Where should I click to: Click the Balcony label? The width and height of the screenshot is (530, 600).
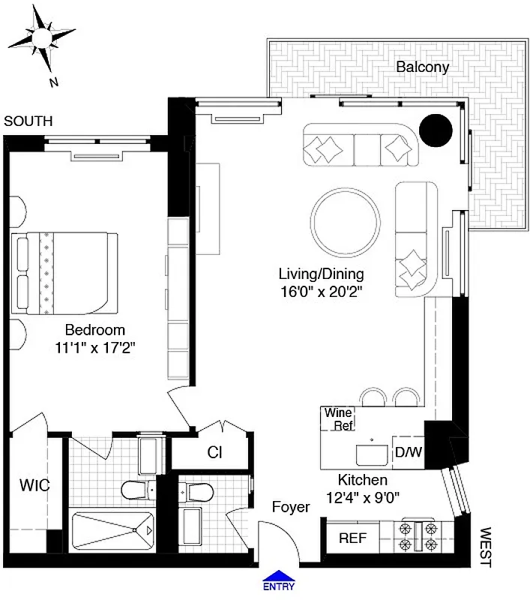(423, 67)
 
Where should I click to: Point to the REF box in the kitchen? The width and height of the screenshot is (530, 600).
(352, 538)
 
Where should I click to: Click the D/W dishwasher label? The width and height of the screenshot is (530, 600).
(407, 453)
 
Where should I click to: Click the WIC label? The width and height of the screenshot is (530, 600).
(34, 485)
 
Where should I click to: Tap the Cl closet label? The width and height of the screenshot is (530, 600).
(214, 452)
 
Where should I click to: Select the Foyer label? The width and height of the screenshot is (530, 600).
(290, 508)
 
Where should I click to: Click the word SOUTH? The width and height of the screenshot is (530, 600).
(28, 120)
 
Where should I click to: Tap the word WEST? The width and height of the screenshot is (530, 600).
(485, 547)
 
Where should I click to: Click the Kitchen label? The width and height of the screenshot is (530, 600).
(362, 480)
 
